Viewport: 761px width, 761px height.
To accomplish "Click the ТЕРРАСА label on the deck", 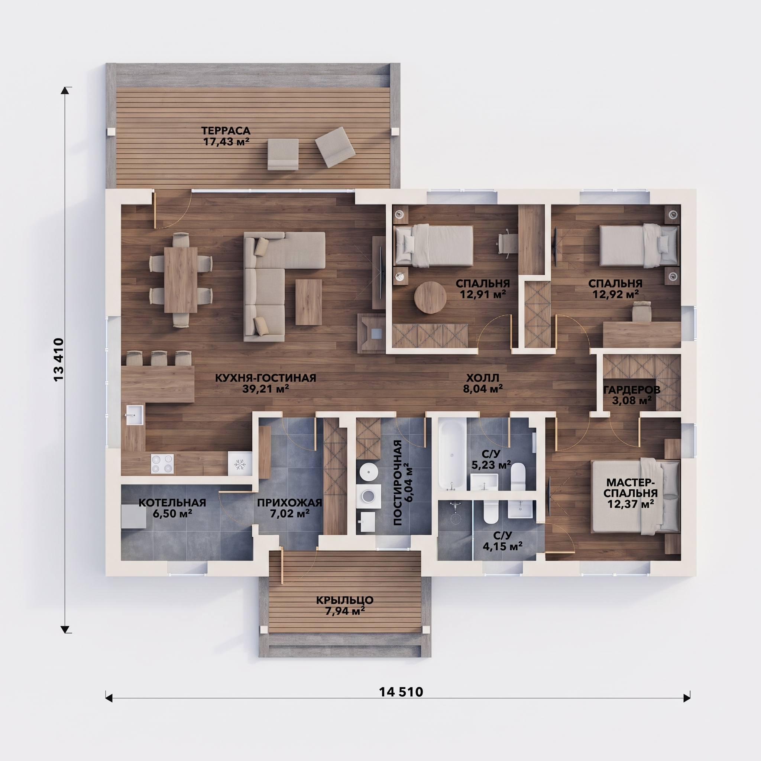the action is click(x=226, y=130).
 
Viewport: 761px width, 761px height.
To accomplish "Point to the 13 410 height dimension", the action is click(x=58, y=359).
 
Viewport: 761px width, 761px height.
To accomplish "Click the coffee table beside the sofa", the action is click(x=308, y=302).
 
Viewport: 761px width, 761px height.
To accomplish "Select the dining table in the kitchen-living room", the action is click(x=181, y=279).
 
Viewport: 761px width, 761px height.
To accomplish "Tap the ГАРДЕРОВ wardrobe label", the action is click(x=631, y=389).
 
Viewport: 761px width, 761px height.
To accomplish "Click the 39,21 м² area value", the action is click(x=266, y=389).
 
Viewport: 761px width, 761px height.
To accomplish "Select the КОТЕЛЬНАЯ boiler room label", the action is click(x=172, y=503).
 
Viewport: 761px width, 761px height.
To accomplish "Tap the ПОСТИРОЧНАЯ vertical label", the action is click(x=398, y=483).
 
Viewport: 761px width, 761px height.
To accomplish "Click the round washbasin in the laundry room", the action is click(x=368, y=472).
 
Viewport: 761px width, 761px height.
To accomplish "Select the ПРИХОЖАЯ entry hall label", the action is click(x=289, y=503).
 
